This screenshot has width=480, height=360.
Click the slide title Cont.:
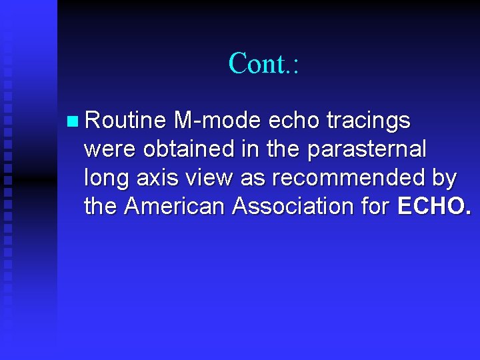point(265,63)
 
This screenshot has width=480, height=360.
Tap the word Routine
point(125,121)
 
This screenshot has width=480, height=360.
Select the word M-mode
point(217,121)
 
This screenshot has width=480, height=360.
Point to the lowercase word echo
point(294,121)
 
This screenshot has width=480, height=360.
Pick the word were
point(111,149)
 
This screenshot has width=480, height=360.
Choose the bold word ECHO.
point(433,207)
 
